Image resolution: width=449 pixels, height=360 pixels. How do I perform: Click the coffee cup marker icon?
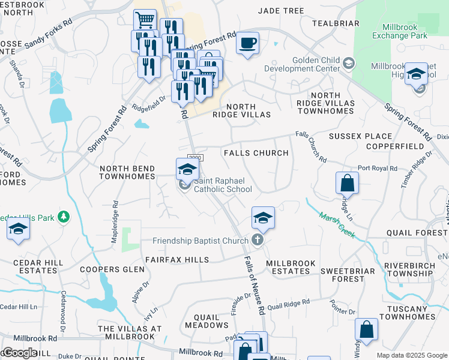click(x=247, y=43)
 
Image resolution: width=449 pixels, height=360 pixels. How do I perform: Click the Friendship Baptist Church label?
click(x=200, y=241)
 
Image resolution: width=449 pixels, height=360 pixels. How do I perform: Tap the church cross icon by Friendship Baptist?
click(x=258, y=241)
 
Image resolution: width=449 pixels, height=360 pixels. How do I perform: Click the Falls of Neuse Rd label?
click(x=254, y=286)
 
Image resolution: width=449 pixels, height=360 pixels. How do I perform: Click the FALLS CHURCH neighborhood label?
click(x=256, y=153)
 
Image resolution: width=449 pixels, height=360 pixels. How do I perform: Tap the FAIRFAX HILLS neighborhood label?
click(x=177, y=260)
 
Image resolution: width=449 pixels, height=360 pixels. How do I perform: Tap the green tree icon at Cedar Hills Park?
click(x=62, y=216)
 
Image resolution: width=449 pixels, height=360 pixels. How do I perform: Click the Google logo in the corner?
click(x=20, y=353)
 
